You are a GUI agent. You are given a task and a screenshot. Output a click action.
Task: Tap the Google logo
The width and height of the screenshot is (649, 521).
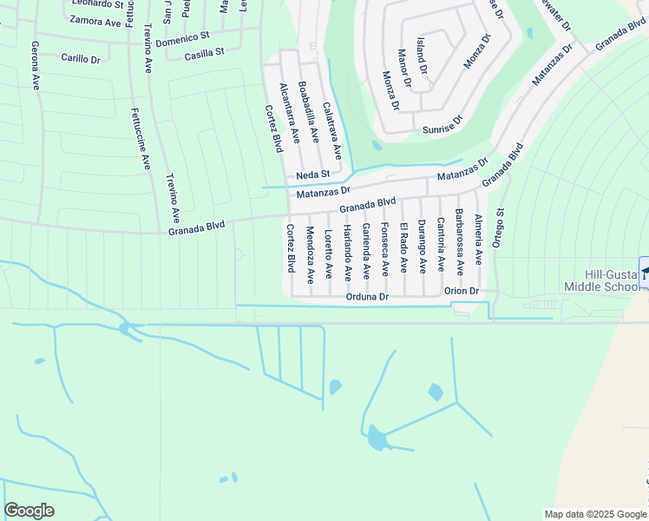pos(29,511)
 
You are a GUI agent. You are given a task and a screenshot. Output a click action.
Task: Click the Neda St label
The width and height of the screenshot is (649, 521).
pos(312,175)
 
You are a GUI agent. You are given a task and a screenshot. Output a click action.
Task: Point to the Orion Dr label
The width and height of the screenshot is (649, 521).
pos(461,291)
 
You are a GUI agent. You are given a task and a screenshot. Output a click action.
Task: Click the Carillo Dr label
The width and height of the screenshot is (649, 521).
pos(82,58)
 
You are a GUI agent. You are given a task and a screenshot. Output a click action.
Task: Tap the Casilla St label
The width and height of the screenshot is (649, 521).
pos(204,54)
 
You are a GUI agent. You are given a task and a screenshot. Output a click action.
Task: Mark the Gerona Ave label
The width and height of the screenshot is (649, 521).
pos(36,65)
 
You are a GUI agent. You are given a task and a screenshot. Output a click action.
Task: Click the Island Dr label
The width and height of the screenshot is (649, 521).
pos(423,55)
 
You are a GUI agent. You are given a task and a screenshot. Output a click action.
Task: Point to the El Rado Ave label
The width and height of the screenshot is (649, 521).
pos(403,247)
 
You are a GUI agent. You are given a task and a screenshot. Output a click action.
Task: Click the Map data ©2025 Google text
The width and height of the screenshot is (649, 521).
pos(594,514)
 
